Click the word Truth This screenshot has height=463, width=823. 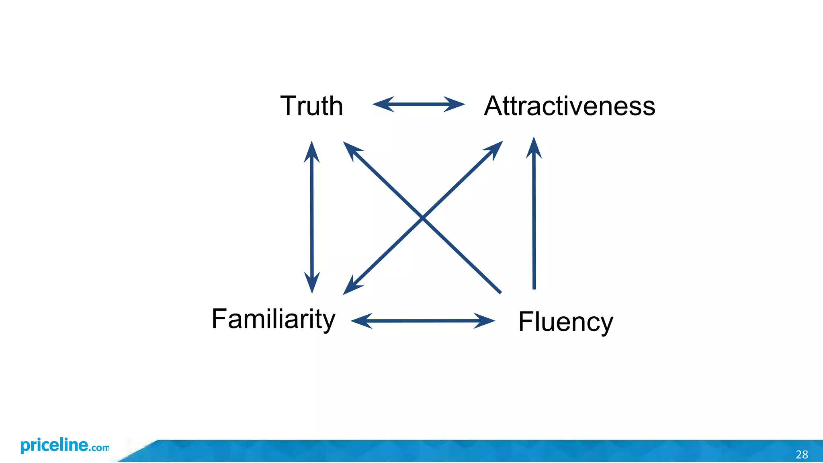click(x=311, y=106)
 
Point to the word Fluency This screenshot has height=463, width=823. click(x=565, y=322)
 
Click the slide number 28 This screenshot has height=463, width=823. click(x=802, y=455)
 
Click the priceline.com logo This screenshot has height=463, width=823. click(x=64, y=446)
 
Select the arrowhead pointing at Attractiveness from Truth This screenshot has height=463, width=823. click(x=456, y=104)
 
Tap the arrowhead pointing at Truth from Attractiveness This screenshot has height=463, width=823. click(x=382, y=104)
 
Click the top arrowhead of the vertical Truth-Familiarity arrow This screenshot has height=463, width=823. click(x=312, y=151)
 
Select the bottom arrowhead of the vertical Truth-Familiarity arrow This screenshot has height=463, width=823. click(x=312, y=283)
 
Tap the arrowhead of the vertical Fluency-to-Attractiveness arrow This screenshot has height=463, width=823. click(x=534, y=147)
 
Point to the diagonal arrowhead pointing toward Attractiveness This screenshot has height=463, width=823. click(x=495, y=148)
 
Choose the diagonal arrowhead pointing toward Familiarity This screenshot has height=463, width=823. click(x=351, y=287)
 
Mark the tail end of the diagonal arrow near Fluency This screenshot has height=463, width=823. click(x=500, y=292)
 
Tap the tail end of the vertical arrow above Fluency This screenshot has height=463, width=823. click(x=534, y=288)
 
